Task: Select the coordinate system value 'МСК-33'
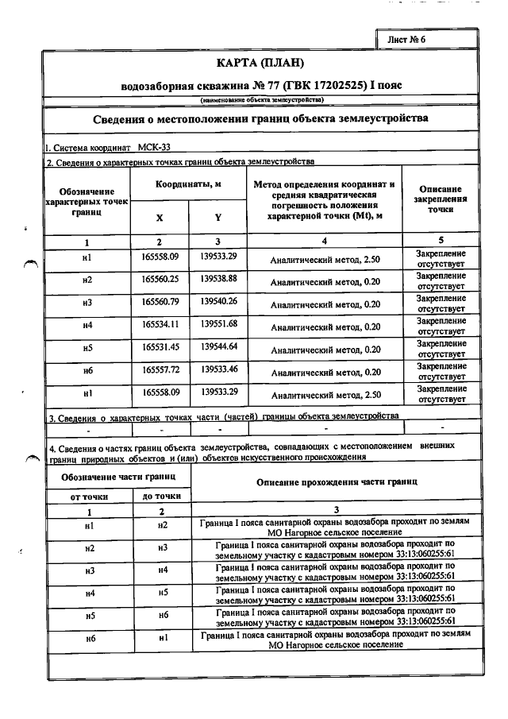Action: coord(154,147)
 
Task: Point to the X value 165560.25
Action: coord(160,280)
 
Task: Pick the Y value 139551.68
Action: coord(219,324)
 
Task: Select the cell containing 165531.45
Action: coord(160,346)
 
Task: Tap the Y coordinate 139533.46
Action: coord(219,369)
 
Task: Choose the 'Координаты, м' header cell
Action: coord(188,184)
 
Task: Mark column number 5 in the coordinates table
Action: coord(441,241)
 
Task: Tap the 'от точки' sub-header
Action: coord(90,496)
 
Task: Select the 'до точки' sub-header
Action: coord(161,496)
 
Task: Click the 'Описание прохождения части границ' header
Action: coord(337,482)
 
